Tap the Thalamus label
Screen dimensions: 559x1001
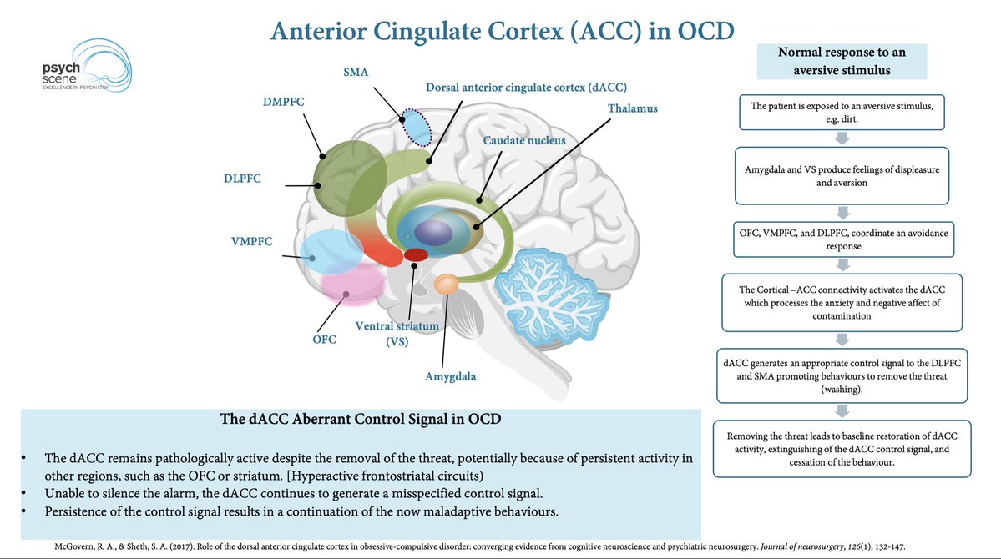633,108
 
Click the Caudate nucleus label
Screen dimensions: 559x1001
523,140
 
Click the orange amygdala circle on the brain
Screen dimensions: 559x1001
447,285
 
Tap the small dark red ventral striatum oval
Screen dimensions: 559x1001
416,254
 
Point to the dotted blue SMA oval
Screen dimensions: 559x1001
415,125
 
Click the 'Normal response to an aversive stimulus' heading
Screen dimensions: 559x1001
841,62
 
